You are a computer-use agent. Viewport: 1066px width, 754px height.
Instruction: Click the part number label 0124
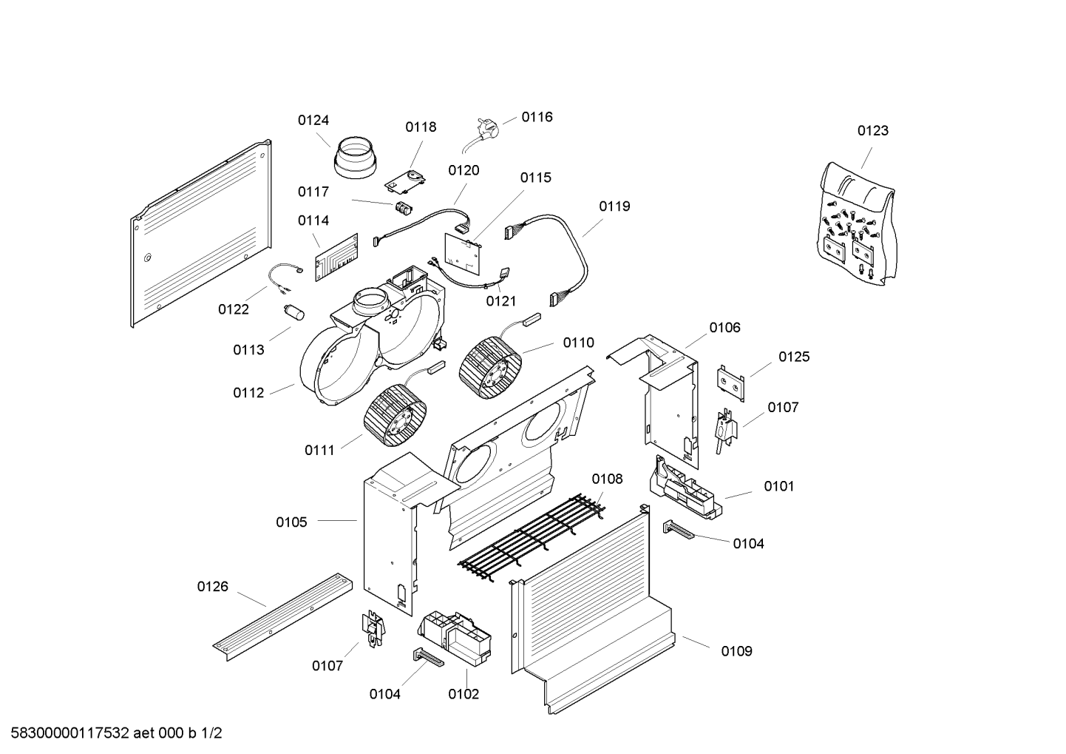tap(313, 121)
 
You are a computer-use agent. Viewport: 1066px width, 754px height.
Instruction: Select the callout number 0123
tap(872, 131)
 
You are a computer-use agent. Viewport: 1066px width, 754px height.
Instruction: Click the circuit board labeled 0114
tap(337, 257)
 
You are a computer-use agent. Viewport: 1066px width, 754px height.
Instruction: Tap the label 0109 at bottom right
tap(736, 651)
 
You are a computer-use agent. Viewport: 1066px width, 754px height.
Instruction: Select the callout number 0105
tap(291, 522)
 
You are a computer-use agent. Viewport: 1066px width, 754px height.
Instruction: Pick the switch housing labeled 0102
tap(455, 636)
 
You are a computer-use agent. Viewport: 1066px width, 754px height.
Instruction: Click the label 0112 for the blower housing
tap(248, 393)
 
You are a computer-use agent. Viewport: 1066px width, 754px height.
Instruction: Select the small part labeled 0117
tap(404, 207)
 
